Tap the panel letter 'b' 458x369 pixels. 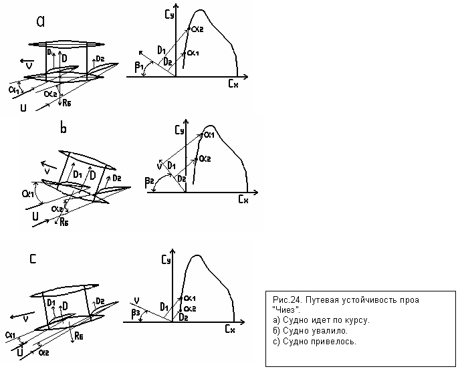[64, 128]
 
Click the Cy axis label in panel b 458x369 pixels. [177, 131]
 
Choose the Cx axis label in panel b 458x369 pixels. [243, 200]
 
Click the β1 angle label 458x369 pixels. [138, 66]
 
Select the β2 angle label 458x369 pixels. [148, 181]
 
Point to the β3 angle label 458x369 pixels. [136, 312]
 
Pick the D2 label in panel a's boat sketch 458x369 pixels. [100, 59]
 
